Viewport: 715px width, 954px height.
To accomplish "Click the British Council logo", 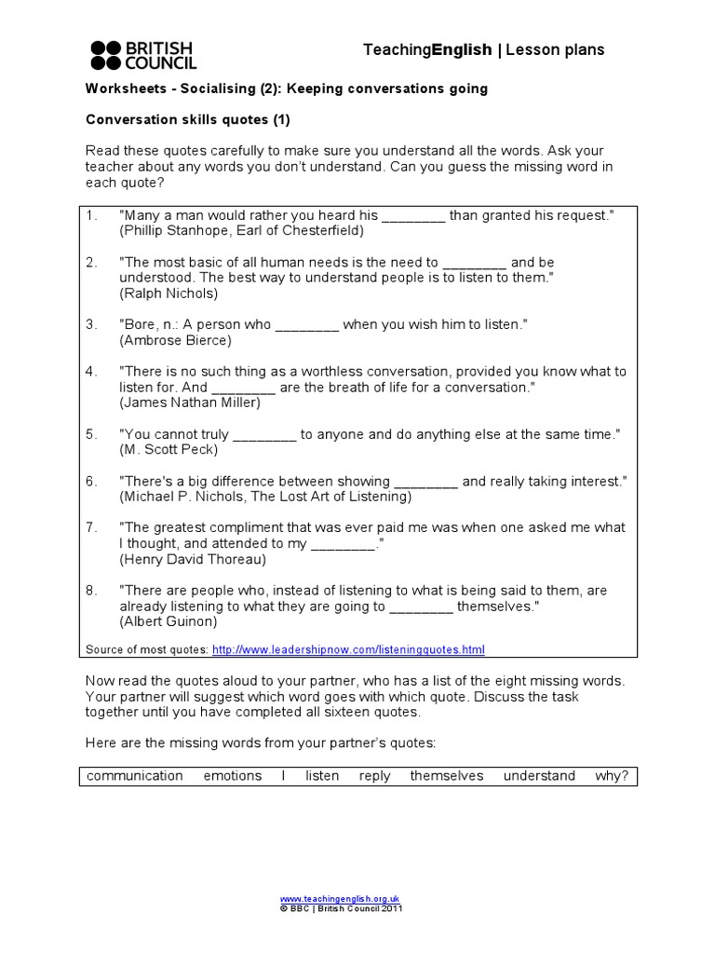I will pos(143,56).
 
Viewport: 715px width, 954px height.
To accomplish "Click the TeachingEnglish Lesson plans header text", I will pos(483,50).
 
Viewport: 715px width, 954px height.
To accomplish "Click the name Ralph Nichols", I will pos(169,293).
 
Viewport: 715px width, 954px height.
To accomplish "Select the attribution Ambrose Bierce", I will pos(175,340).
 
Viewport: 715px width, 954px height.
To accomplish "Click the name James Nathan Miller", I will pos(190,402).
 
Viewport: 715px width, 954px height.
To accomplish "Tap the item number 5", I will pos(91,434).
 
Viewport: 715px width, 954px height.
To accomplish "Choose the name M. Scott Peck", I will pos(169,450).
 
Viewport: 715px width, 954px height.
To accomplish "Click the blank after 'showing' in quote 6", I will pos(426,482).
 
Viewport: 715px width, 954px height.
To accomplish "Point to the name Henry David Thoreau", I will pos(193,559).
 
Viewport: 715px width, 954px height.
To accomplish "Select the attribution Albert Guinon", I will pos(169,620).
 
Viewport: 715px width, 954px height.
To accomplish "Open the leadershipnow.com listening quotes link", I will pos(348,649).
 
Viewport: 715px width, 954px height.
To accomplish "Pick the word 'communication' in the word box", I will pos(135,776).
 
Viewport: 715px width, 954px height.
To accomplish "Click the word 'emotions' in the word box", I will pos(233,776).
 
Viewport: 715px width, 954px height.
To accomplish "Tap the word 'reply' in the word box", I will pos(374,776).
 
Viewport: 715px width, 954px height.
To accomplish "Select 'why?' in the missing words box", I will pos(612,776).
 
